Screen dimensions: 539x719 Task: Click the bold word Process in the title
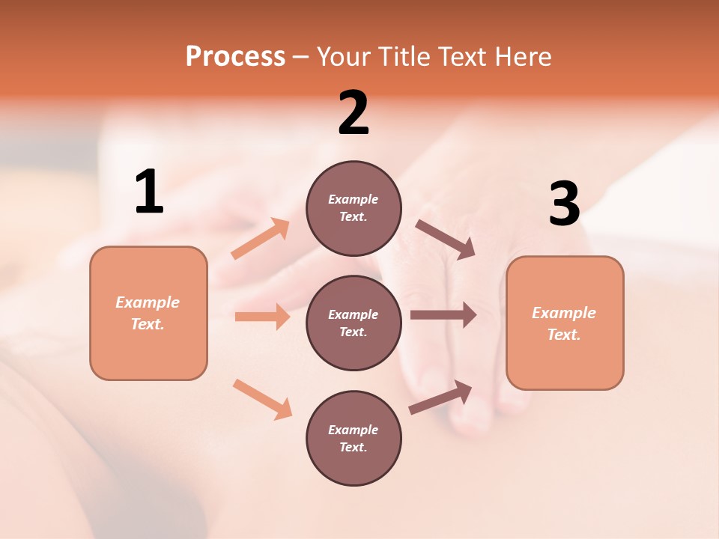point(235,56)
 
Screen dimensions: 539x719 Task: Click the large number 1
point(149,192)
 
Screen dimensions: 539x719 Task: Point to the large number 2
point(354,113)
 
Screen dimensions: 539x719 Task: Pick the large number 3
point(564,204)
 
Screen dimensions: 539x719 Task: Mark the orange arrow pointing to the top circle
point(261,239)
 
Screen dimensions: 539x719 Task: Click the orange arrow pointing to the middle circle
point(262,317)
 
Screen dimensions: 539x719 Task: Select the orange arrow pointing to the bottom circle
point(262,399)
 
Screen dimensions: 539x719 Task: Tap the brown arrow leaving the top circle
point(446,240)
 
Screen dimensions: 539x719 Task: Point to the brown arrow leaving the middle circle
point(443,315)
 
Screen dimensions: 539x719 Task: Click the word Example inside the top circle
point(353,199)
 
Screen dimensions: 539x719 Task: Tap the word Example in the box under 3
point(564,313)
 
